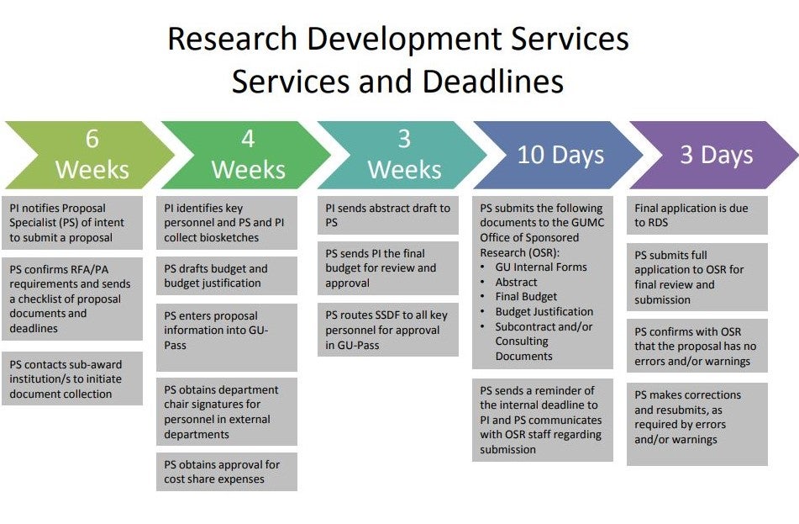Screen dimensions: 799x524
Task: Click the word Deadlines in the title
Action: pyautogui.click(x=492, y=82)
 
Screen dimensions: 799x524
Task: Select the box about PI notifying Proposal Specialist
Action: pyautogui.click(x=72, y=223)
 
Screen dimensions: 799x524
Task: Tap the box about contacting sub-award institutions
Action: pyautogui.click(x=72, y=378)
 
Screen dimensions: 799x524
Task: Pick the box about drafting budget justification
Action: pyautogui.click(x=227, y=276)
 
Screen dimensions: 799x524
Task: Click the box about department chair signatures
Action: pyautogui.click(x=227, y=412)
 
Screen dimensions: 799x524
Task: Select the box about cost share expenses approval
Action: pyautogui.click(x=227, y=472)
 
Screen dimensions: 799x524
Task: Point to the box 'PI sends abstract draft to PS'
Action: pyautogui.click(x=388, y=215)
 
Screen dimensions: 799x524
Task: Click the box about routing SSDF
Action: pyautogui.click(x=388, y=330)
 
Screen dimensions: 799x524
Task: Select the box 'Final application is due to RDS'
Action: pyautogui.click(x=697, y=215)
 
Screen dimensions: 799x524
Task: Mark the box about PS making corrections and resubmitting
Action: pyautogui.click(x=697, y=424)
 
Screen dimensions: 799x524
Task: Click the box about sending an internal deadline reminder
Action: pyautogui.click(x=543, y=420)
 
